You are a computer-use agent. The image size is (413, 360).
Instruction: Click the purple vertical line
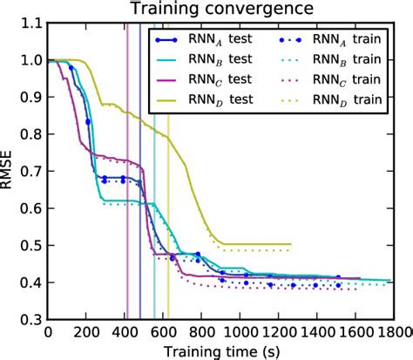(x=127, y=262)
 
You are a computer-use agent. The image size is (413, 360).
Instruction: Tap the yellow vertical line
(x=168, y=262)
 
